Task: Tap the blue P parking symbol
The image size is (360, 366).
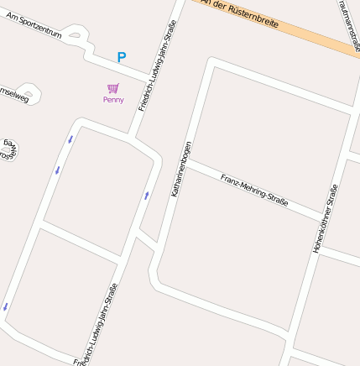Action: click(x=122, y=58)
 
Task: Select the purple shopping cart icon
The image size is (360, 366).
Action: click(x=113, y=88)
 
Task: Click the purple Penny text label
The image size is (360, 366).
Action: click(x=113, y=100)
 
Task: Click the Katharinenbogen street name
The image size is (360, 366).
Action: click(x=181, y=169)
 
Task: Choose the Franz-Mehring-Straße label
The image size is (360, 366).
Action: click(x=254, y=190)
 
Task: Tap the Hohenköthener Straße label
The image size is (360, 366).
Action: click(x=324, y=218)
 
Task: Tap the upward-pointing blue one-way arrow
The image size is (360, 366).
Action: click(x=146, y=196)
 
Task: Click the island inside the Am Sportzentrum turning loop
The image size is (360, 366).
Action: click(x=76, y=35)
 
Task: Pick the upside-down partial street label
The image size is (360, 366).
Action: click(x=8, y=149)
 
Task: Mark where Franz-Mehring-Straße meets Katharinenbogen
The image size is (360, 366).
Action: click(x=185, y=162)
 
